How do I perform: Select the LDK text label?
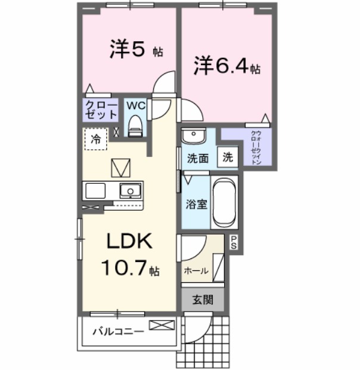(130, 242)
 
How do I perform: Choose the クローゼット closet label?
(100, 110)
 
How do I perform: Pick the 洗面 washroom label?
(197, 159)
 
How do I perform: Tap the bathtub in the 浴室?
(225, 203)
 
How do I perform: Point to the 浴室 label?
(197, 204)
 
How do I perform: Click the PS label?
(234, 243)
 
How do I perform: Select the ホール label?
(196, 270)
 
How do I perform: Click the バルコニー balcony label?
(118, 332)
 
